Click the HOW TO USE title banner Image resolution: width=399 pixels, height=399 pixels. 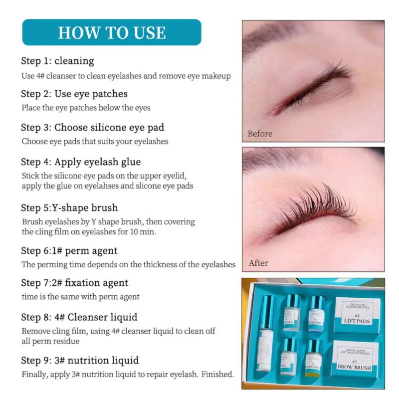coord(111,32)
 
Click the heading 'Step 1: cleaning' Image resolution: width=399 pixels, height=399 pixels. coord(57,61)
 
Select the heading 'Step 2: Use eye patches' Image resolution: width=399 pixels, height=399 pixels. coord(74,94)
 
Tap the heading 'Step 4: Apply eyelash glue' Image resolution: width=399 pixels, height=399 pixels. coord(81,162)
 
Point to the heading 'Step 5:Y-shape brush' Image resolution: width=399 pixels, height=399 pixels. coord(69,207)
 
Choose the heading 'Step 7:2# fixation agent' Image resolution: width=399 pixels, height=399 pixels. coord(74,283)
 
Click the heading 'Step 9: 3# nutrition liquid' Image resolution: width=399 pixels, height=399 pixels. coord(80,360)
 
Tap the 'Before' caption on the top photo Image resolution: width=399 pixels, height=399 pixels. coord(260,134)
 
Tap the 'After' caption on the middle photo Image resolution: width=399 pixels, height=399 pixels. coord(258,263)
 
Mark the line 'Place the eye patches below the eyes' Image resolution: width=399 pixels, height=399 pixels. coord(86,107)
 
